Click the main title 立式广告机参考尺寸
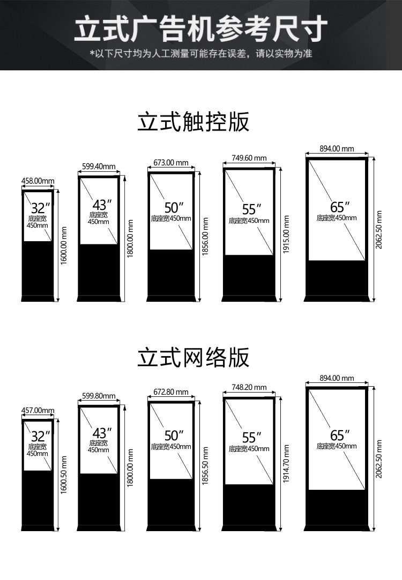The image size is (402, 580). tap(201, 28)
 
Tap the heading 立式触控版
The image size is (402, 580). tap(193, 121)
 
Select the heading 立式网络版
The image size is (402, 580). tap(193, 357)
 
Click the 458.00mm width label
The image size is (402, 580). tap(38, 181)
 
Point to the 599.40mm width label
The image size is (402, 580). tap(99, 166)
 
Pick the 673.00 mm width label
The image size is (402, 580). tap(171, 162)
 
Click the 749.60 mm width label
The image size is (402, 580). tap(249, 158)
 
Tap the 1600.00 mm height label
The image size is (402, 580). tap(64, 245)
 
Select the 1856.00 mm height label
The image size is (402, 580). tap(206, 236)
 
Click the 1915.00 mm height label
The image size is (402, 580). tap(286, 235)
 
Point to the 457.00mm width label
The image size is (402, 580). tap(38, 410)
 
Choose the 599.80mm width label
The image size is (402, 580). tap(99, 396)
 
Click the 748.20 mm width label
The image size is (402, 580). tap(249, 387)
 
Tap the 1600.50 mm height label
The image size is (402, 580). tap(64, 475)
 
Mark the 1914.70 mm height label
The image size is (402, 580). tap(286, 464)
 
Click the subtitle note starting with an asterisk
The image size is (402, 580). tap(201, 54)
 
